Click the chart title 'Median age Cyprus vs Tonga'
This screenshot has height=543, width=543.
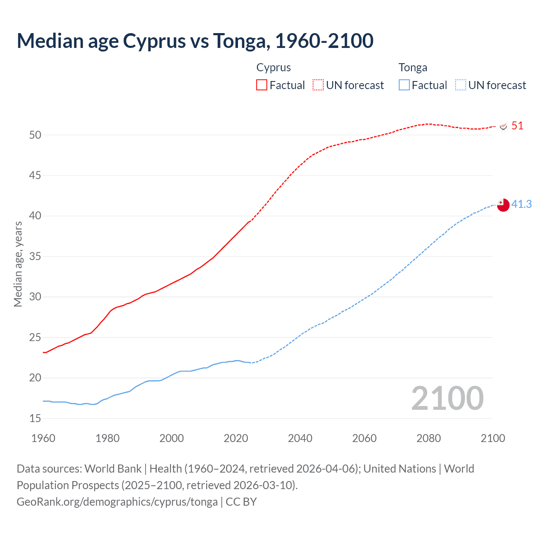tap(195, 41)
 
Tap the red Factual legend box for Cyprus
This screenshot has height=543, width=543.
tap(262, 85)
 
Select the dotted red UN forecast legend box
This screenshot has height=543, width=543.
tap(318, 85)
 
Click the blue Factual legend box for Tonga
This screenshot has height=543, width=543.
tap(404, 85)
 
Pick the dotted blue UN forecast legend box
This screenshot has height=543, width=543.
tap(460, 85)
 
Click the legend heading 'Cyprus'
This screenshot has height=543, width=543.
tap(274, 67)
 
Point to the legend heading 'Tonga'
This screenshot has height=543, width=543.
tap(413, 67)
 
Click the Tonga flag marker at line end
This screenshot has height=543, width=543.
tap(503, 205)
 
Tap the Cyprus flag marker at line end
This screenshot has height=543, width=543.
tap(504, 126)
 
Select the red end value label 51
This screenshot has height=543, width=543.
tap(517, 126)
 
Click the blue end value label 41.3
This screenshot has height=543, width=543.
tap(521, 204)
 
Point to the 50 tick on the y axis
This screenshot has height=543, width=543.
tap(35, 135)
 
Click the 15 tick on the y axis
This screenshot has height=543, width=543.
tap(35, 418)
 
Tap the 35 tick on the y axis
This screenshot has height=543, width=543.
tap(35, 256)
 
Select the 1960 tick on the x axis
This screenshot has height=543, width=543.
tap(43, 438)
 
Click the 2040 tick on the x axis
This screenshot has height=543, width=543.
tap(300, 438)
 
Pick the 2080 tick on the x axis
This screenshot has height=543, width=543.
tap(428, 438)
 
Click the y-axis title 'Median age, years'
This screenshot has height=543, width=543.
tap(18, 264)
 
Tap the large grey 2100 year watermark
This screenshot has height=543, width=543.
tap(447, 398)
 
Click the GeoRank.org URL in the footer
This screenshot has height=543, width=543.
tap(117, 502)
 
